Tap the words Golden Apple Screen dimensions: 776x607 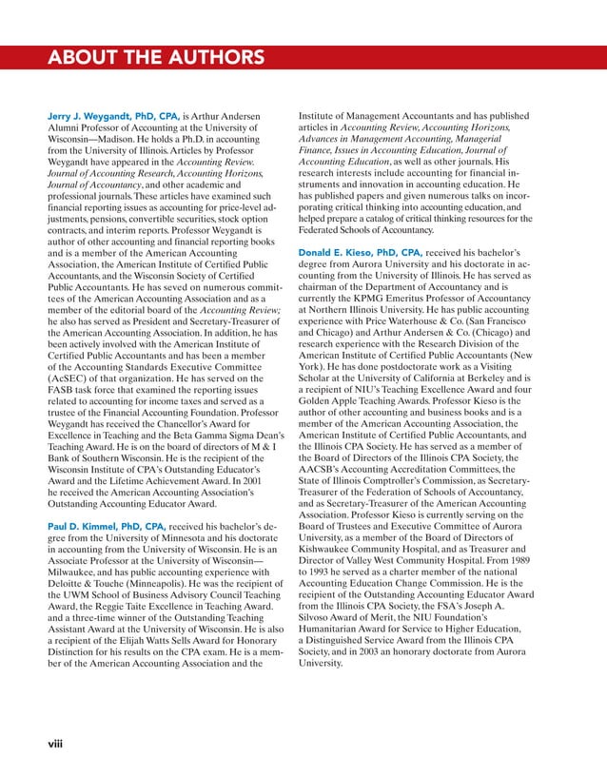pos(331,402)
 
